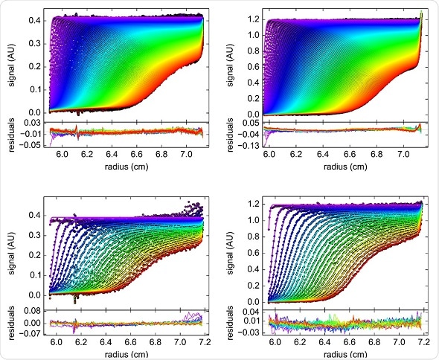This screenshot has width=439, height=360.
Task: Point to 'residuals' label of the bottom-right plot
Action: pos(235,322)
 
